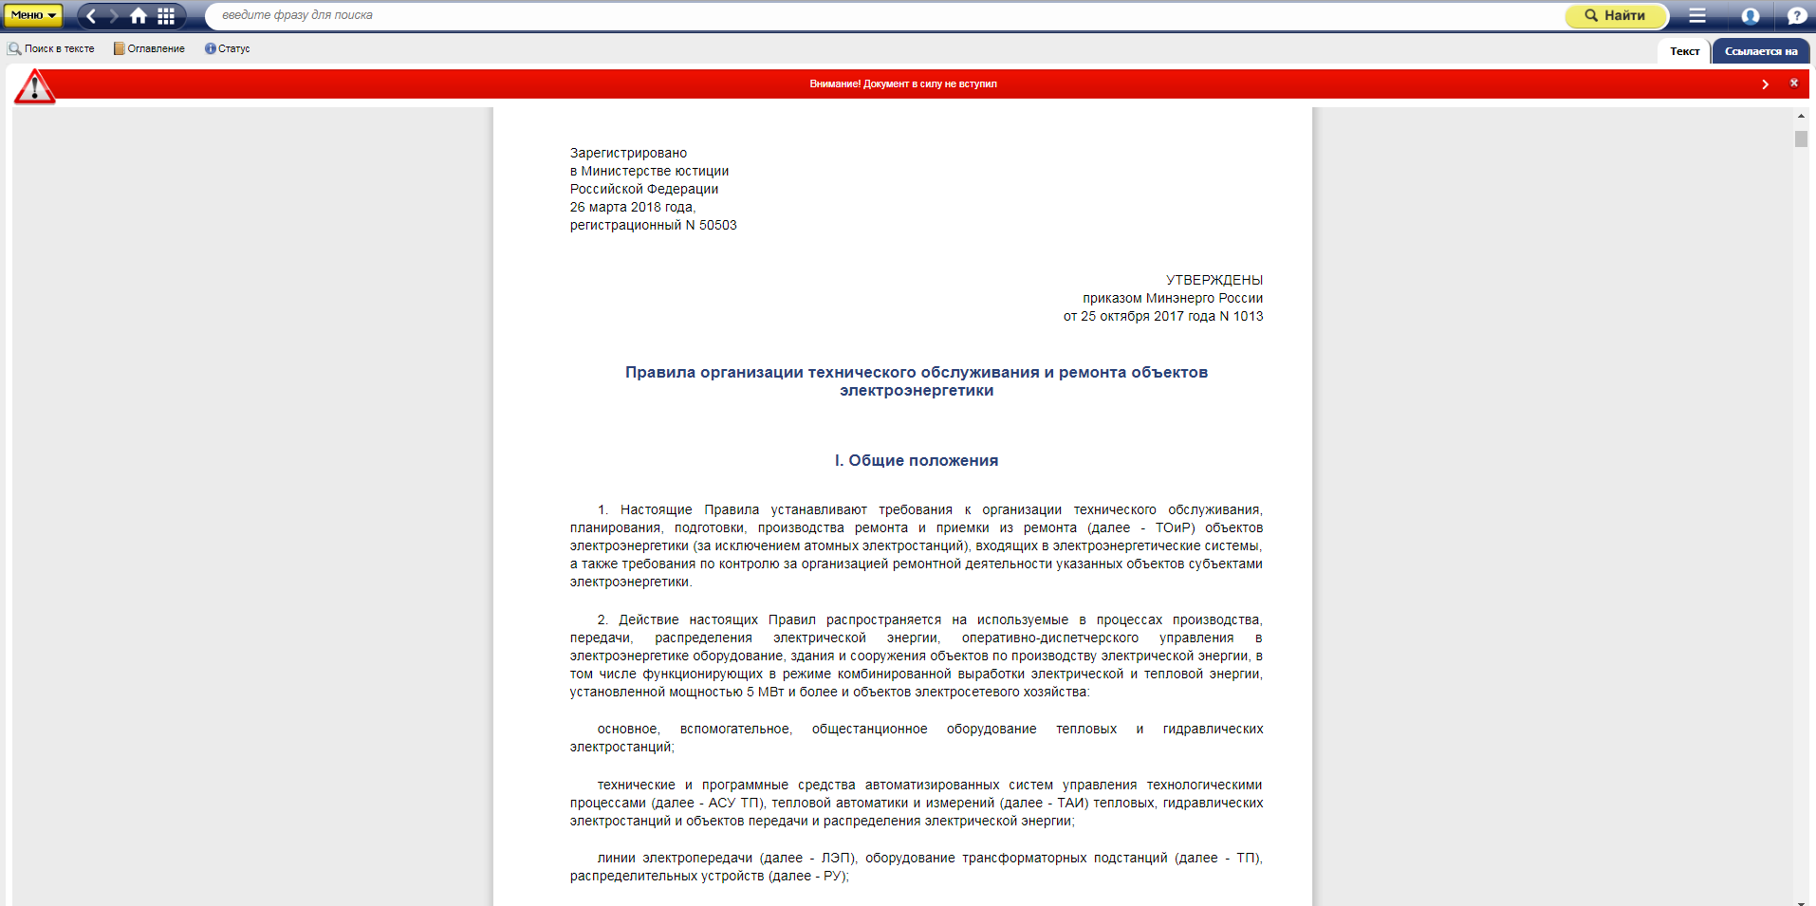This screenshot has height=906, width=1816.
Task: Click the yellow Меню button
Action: point(33,15)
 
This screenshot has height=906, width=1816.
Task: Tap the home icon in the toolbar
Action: point(139,15)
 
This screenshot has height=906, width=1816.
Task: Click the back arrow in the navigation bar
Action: point(91,15)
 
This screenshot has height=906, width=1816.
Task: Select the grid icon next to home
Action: point(166,15)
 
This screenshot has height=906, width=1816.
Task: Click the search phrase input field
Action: point(854,15)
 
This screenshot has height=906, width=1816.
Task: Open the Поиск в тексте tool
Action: point(52,48)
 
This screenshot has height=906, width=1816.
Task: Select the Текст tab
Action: point(1684,51)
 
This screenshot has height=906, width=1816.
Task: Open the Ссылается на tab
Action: point(1761,51)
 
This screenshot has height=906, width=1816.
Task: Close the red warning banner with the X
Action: point(1793,83)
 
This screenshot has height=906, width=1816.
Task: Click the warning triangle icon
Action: point(34,87)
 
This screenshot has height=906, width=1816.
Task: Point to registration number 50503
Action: point(717,225)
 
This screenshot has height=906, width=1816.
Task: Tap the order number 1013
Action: point(1248,316)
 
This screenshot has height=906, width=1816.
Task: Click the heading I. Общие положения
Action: point(916,460)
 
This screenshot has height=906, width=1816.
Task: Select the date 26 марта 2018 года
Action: point(632,207)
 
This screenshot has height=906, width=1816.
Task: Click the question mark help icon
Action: point(1796,15)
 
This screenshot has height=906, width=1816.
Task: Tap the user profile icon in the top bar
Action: point(1751,15)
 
